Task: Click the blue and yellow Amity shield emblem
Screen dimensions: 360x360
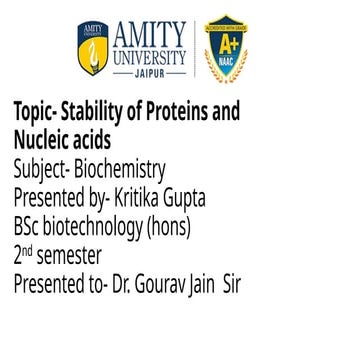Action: click(x=92, y=49)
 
